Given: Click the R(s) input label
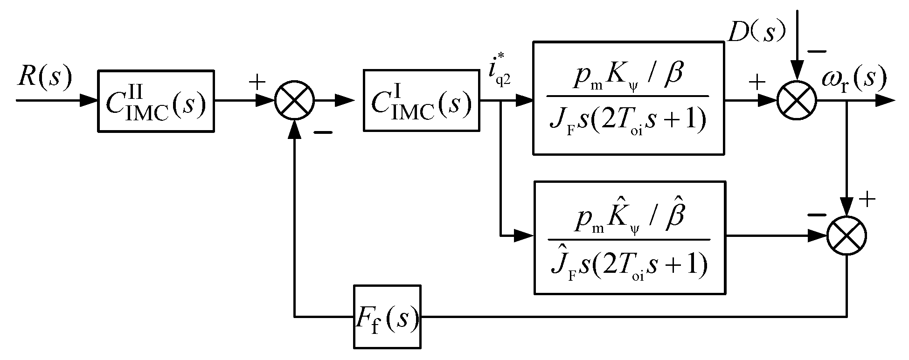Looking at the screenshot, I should [45, 77].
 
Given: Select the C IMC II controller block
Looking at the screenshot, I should [156, 101].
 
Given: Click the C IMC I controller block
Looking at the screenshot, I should [421, 100].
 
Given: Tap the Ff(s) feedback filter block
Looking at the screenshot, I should [387, 317].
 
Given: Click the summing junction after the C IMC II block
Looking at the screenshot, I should [295, 100].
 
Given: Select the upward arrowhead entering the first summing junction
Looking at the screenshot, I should [294, 128].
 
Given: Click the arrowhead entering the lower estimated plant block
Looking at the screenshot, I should [525, 235].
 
